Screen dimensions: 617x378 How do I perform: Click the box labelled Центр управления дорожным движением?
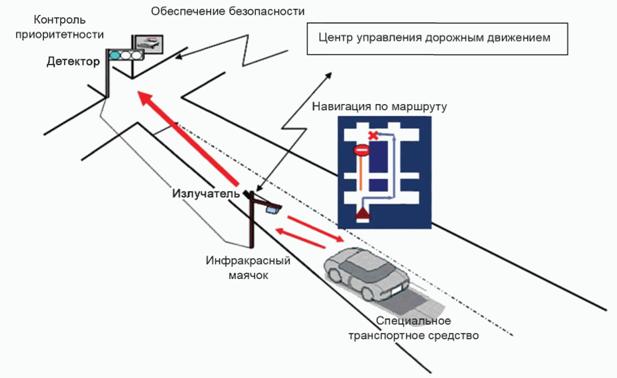tap(437, 39)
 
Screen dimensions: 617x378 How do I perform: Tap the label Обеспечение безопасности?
tap(228, 11)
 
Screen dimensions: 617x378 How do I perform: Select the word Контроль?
tap(59, 20)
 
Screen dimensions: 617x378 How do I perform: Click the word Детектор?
tap(73, 61)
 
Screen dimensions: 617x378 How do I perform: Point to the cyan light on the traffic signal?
tap(115, 55)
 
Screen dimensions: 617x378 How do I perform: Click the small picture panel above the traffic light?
tap(147, 43)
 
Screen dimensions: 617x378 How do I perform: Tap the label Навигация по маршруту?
tap(379, 107)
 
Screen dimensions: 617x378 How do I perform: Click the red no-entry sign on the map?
tap(362, 150)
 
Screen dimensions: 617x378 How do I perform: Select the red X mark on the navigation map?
tap(373, 135)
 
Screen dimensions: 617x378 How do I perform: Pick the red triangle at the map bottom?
tap(363, 213)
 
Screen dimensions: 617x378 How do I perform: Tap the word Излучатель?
tap(206, 194)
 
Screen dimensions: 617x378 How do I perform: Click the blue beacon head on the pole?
tap(272, 209)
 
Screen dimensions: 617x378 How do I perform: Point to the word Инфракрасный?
tap(248, 260)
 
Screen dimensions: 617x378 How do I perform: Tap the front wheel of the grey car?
tap(368, 293)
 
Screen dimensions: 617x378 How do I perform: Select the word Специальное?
tap(413, 321)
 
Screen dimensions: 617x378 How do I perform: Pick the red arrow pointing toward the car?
tap(316, 229)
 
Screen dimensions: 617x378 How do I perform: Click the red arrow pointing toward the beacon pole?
tap(300, 238)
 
